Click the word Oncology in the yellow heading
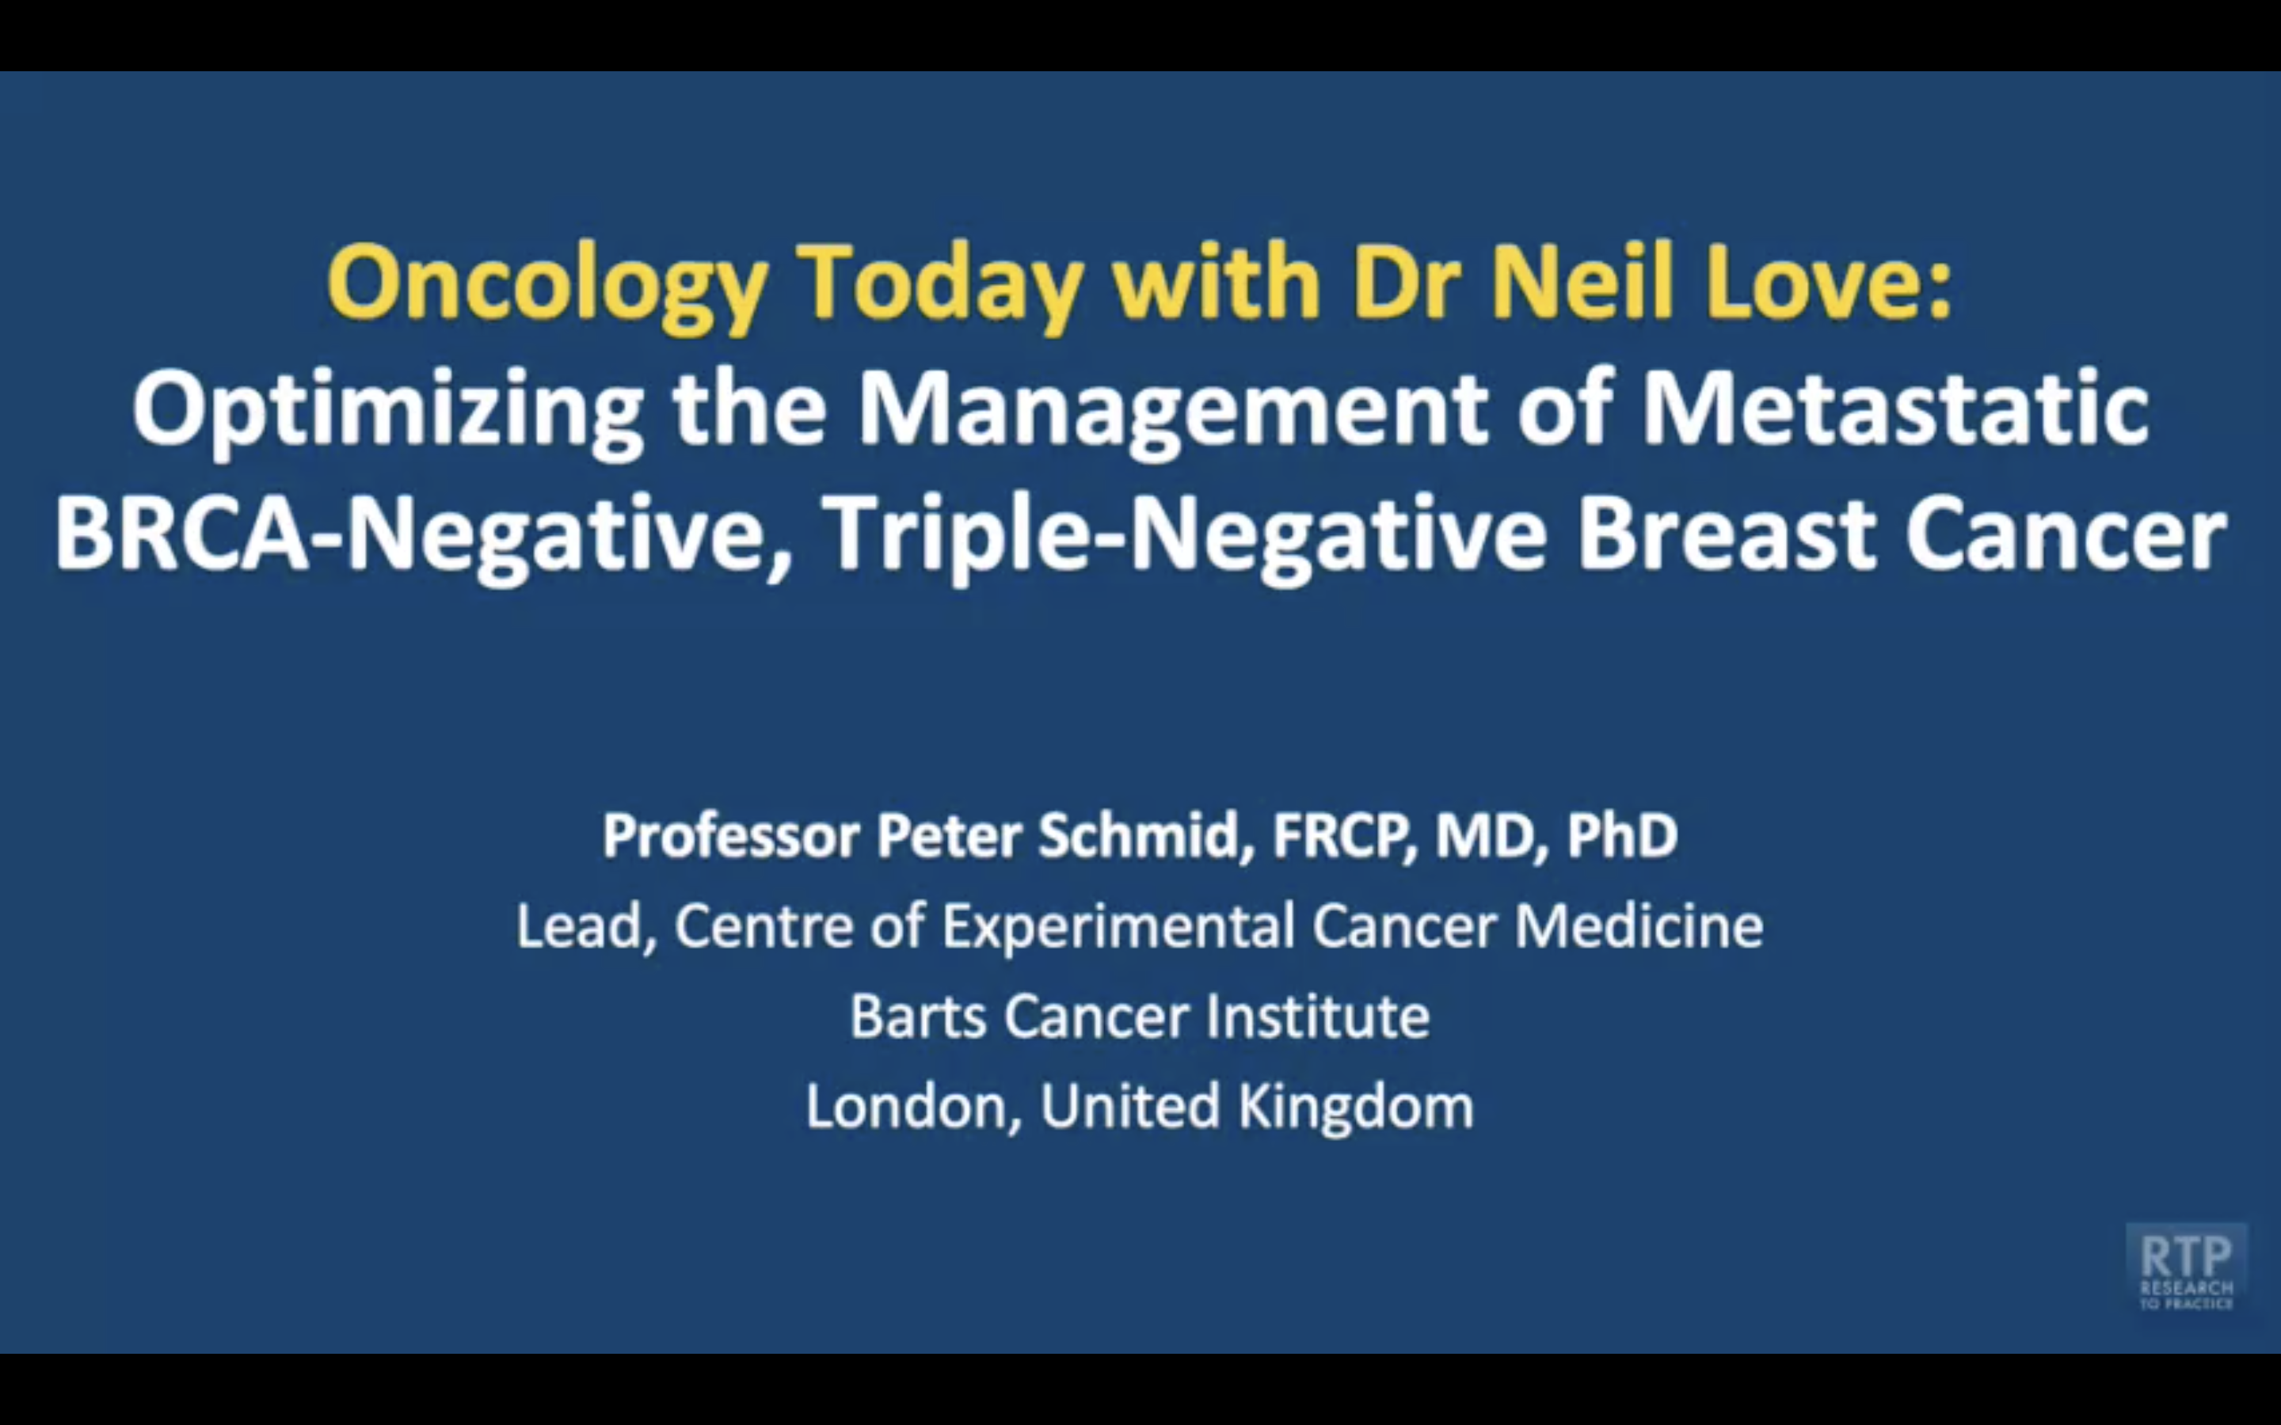coord(546,287)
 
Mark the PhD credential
coord(1621,835)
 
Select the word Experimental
coord(1119,927)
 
